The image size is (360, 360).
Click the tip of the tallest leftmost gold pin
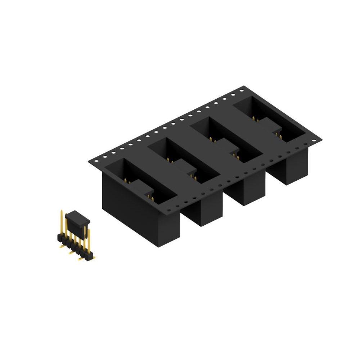pyautogui.click(x=62, y=211)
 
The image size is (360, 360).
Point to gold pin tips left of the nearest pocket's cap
pyautogui.click(x=126, y=180)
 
